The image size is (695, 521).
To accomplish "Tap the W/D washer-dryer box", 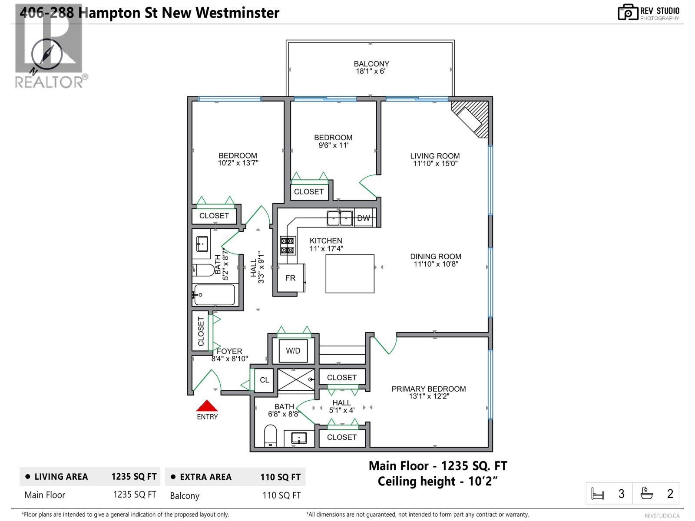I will (293, 350).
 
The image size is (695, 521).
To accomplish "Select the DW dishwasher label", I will (364, 218).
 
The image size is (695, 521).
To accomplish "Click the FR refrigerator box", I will (291, 278).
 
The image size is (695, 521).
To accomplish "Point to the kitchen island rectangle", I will (350, 274).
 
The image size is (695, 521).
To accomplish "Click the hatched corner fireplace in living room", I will (471, 118).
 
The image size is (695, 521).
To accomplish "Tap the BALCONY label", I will (371, 64).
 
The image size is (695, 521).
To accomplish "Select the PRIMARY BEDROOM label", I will (428, 389).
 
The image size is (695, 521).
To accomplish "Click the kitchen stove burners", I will (288, 245).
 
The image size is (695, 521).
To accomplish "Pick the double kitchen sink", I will (340, 218).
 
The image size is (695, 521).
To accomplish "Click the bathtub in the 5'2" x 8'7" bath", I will (215, 295).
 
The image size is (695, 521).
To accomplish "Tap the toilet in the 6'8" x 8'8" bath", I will (270, 435).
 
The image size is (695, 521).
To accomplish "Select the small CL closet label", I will (264, 380).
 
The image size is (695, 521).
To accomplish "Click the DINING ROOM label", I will (436, 257).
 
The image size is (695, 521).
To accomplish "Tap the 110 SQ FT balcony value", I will (281, 495).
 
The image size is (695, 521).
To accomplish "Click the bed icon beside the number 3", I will (598, 494).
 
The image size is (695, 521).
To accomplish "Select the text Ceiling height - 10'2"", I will (437, 481).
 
